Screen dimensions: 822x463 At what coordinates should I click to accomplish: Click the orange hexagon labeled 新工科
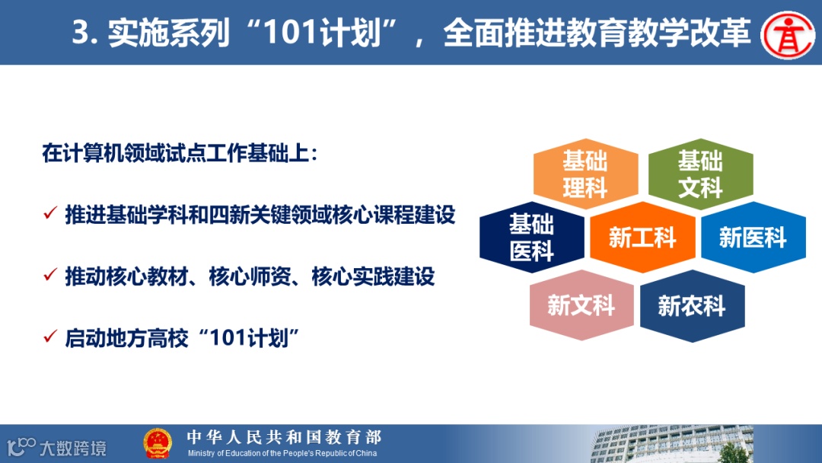[642, 237]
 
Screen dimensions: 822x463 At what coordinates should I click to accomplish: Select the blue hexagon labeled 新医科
[753, 237]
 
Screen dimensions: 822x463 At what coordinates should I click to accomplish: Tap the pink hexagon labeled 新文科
[581, 305]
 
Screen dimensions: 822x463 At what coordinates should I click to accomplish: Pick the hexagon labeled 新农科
[692, 306]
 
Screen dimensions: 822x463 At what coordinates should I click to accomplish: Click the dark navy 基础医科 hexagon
[531, 237]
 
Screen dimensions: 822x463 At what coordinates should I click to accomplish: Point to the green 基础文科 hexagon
[700, 174]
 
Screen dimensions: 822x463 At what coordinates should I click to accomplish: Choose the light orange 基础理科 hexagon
[585, 174]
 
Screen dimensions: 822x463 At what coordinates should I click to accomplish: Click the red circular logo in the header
[788, 34]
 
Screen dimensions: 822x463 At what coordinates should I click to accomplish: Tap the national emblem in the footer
[158, 444]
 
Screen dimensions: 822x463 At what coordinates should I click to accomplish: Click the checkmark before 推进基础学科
[50, 213]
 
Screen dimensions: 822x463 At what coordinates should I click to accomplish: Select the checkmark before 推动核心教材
[50, 274]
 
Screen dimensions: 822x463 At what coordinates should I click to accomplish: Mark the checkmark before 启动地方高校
[50, 336]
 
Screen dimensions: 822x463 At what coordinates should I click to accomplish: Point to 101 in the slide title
[291, 33]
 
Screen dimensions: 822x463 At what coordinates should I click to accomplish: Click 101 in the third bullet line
[228, 338]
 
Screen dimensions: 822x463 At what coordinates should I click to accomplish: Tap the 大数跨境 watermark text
[73, 449]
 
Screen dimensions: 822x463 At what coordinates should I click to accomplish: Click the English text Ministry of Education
[282, 453]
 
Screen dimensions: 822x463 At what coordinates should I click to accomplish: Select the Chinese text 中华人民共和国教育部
[284, 437]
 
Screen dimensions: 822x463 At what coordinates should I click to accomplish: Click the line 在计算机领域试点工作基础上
[180, 154]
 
